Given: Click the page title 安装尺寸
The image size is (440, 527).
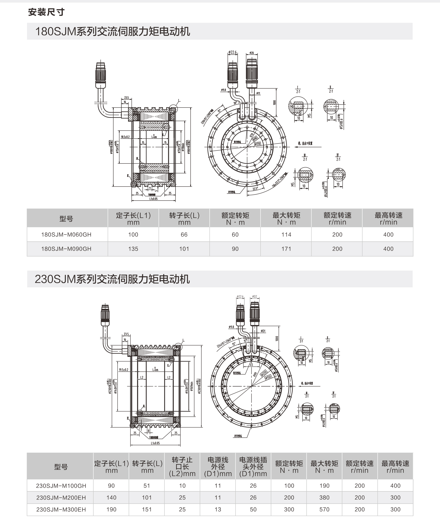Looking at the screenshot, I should (46, 12).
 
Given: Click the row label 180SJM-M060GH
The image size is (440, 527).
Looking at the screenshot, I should (66, 235).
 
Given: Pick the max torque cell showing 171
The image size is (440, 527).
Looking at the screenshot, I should (286, 249).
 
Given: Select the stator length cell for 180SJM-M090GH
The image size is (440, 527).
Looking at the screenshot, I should (133, 249).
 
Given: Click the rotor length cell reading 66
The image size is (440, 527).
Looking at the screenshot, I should (184, 235).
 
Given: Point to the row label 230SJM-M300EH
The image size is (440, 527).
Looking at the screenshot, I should (61, 509).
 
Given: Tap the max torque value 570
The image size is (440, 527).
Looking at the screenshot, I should (324, 509).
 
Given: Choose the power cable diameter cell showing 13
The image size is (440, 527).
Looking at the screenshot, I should (218, 509).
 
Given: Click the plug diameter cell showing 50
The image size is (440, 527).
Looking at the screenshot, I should (253, 509).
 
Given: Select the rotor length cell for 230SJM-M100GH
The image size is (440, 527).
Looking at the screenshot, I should (147, 486).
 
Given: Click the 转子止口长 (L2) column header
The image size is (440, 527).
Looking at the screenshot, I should (182, 467).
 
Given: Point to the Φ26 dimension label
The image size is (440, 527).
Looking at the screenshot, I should (252, 53).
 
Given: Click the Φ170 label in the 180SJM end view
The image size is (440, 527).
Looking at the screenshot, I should (257, 144).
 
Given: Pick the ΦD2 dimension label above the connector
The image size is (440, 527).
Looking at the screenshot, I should (254, 297).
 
